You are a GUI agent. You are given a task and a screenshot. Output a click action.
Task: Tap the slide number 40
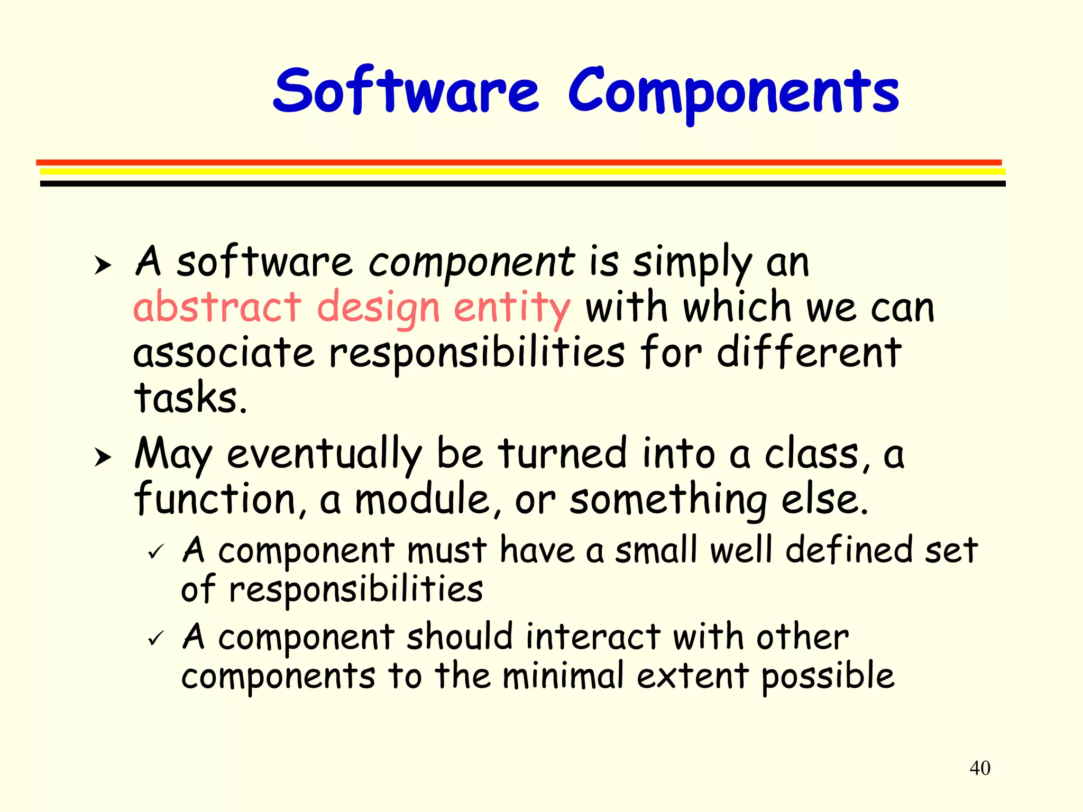pos(980,768)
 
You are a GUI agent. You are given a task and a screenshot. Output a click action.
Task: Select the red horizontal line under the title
pos(518,162)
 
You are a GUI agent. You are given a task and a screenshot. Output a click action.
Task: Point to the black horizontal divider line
pos(522,183)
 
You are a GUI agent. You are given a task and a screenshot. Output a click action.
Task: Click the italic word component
pos(471,262)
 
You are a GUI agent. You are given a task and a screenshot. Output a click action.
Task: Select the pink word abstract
pos(217,307)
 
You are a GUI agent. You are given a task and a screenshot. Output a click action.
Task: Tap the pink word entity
pos(512,308)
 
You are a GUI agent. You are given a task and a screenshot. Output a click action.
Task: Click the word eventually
pos(324,455)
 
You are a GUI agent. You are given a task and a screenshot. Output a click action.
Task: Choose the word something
pos(668,501)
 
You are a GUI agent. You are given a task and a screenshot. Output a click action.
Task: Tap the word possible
pos(828,677)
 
